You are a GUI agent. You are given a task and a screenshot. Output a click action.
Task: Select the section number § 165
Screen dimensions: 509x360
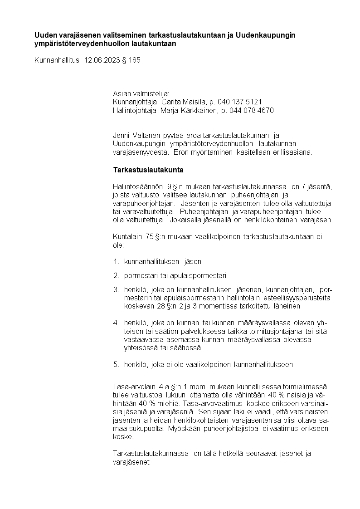point(131,60)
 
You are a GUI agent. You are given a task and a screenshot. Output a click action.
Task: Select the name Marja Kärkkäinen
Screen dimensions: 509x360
point(186,110)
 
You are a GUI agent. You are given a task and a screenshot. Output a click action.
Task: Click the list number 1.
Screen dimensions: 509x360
point(116,262)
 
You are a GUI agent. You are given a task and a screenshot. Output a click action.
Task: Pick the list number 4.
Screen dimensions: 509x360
point(116,323)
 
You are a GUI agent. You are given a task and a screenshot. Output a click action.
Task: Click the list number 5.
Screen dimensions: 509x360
point(116,364)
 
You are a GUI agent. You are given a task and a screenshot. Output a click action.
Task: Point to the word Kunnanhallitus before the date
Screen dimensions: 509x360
point(57,60)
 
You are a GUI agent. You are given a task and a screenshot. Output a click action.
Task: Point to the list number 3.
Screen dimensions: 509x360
point(116,289)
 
